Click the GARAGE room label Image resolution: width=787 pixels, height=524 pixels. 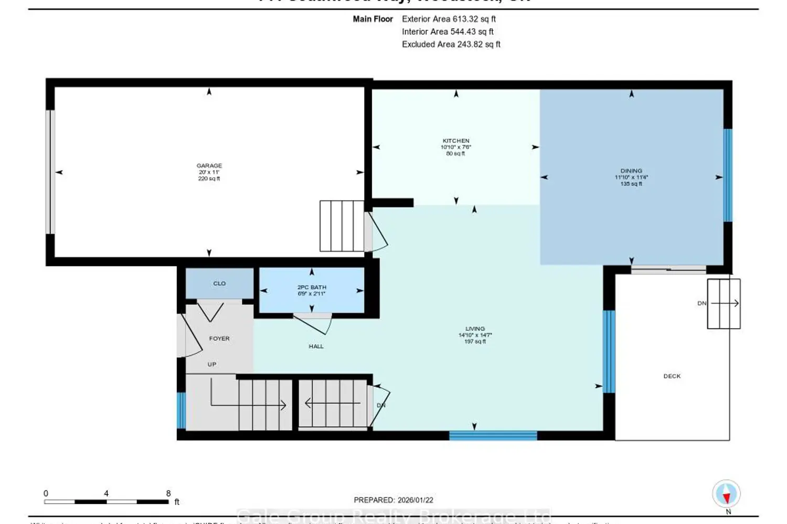[x=209, y=166]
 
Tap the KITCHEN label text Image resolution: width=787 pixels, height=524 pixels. [x=456, y=141]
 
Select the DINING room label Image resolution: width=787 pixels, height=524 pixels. [x=631, y=171]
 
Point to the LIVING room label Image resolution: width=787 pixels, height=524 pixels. [x=475, y=329]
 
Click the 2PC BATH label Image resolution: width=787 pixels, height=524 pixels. [x=312, y=287]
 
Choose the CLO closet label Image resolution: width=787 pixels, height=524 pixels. [x=219, y=283]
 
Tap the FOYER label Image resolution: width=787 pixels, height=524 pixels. [x=219, y=339]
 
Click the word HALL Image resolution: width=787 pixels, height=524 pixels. [x=316, y=346]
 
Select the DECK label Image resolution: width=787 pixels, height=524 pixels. [x=672, y=376]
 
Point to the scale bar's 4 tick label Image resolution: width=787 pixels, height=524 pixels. [x=106, y=494]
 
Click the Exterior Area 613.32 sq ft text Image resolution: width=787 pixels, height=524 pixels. [x=449, y=19]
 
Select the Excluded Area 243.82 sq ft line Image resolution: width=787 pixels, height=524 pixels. [x=451, y=45]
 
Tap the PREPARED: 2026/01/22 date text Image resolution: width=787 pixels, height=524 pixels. [x=393, y=500]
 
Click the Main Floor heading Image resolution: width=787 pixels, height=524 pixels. [x=373, y=19]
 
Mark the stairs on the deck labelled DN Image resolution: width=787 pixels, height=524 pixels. [x=724, y=304]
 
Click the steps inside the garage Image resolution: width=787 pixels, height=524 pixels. [x=342, y=226]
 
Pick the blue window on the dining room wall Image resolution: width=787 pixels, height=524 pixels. [x=727, y=175]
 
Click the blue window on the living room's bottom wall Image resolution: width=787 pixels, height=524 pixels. [x=493, y=435]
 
